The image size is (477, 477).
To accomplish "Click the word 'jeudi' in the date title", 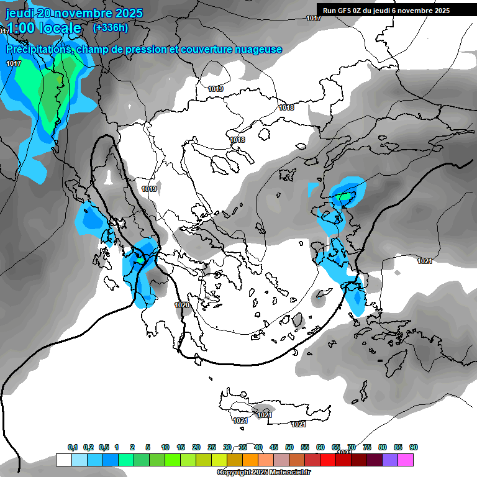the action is (20, 14).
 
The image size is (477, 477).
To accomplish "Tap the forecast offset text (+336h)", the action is (110, 27).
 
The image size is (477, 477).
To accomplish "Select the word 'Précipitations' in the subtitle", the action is (37, 49).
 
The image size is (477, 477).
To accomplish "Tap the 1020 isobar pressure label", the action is (182, 305).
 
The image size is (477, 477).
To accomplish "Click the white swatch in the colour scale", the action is (63, 460).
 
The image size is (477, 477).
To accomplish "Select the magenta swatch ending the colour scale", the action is (406, 460).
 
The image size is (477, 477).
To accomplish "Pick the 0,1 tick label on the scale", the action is (72, 447).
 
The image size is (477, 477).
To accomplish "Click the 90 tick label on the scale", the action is (414, 447).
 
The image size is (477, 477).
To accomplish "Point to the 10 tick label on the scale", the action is (165, 447).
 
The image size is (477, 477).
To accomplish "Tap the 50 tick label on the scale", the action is (289, 447).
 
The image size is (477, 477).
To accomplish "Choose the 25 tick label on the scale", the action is (212, 447).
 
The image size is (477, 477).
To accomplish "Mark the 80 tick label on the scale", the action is (383, 447).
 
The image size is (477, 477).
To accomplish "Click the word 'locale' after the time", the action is (58, 28).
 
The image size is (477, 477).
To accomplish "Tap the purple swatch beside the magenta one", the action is (391, 460).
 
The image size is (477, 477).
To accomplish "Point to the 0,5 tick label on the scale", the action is (103, 447).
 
